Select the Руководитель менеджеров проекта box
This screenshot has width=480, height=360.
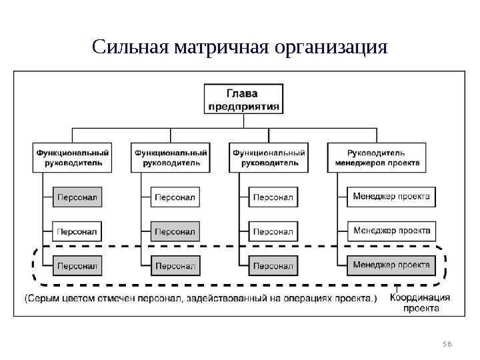tap(377, 157)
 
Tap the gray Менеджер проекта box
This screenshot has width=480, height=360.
tap(391, 266)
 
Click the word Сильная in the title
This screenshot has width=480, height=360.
tap(130, 48)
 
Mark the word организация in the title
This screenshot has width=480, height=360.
tap(330, 48)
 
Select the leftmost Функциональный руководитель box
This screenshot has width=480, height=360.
tap(72, 157)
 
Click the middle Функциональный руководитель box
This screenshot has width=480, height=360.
tap(171, 157)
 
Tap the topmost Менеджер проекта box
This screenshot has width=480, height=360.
tap(391, 197)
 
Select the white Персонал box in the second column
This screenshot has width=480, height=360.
tap(175, 197)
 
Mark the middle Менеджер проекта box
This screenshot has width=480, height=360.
tap(391, 231)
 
